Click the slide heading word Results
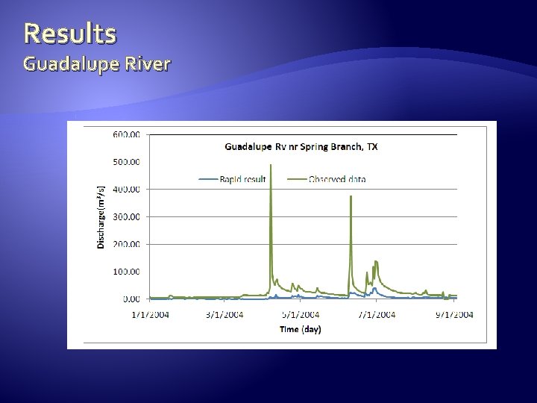point(69,33)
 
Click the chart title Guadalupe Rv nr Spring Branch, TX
point(301,146)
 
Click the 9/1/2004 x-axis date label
point(453,315)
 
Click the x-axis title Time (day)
point(301,329)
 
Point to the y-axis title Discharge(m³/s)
point(102,216)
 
